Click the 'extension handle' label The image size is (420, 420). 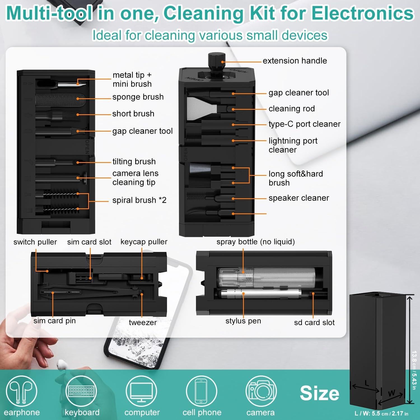tap(295, 61)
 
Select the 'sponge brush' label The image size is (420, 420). tap(138, 97)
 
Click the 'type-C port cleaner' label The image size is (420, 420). tap(304, 124)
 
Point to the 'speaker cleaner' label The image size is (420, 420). tap(298, 198)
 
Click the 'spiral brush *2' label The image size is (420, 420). tap(139, 200)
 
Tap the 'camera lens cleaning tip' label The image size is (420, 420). tap(135, 178)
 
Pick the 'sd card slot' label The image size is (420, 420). tap(314, 323)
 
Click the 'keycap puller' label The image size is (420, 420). tap(144, 242)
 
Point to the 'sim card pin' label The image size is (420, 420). tap(55, 321)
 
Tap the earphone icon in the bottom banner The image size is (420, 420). tap(21, 391)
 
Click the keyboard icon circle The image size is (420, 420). tap(81, 391)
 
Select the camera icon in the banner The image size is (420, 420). tap(261, 391)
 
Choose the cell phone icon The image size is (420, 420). tap(201, 391)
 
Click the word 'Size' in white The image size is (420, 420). tap(319, 393)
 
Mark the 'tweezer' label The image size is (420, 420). tap(143, 323)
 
